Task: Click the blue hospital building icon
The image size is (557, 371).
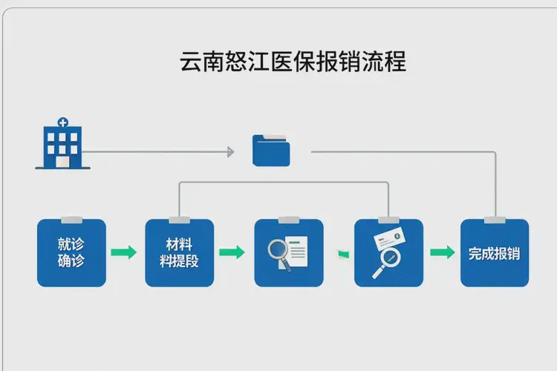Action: point(62,145)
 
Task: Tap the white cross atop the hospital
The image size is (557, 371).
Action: point(62,122)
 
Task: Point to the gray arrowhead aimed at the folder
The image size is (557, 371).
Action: point(230,152)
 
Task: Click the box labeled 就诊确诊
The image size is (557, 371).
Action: point(71,253)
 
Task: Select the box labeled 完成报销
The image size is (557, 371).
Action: point(494,253)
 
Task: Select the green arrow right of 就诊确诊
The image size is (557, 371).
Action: point(123,252)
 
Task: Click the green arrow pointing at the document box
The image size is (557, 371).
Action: point(232,252)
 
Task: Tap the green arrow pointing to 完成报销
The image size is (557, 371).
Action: point(443,252)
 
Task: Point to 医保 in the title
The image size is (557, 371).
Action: point(284,61)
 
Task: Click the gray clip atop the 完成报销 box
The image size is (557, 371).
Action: point(495,220)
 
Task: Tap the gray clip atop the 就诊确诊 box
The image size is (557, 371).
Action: point(71,220)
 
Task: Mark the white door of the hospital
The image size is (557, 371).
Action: point(62,161)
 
